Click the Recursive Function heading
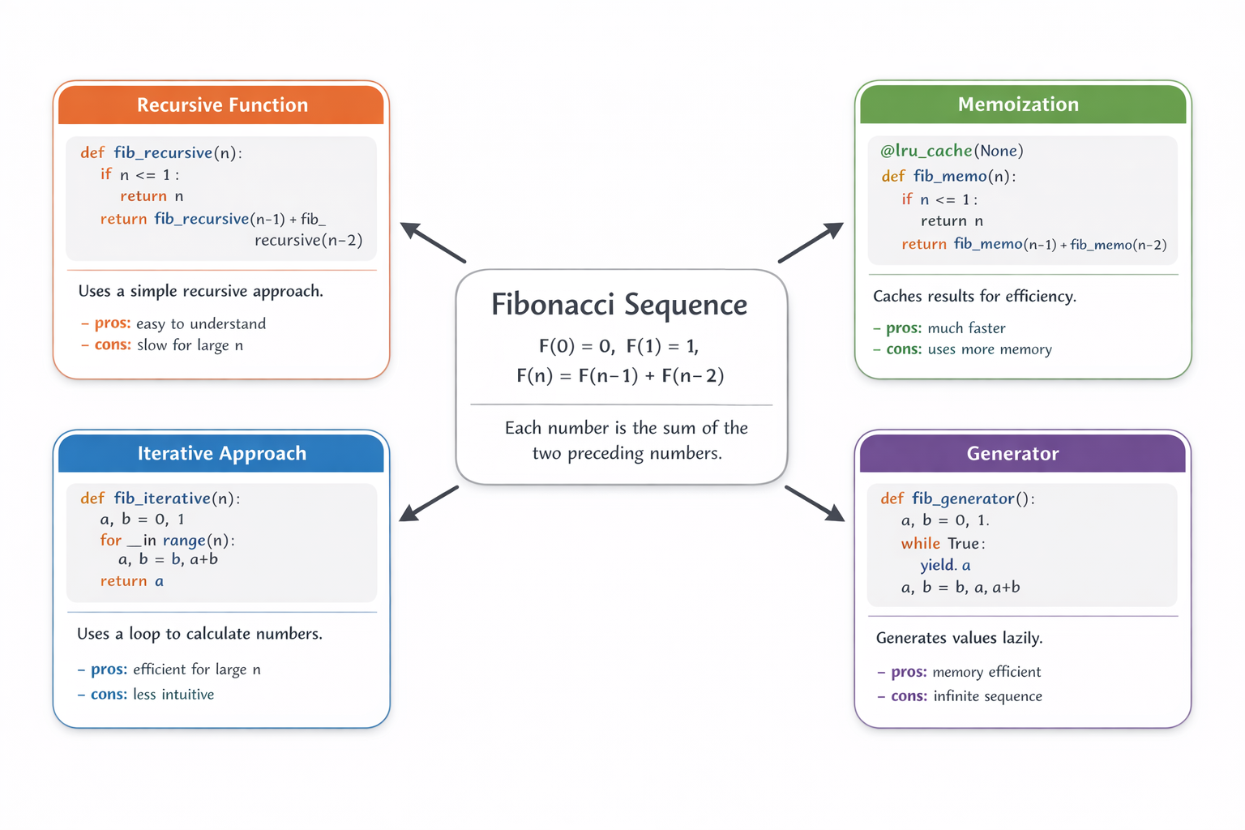click(222, 105)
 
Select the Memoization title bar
click(1023, 104)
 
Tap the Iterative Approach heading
click(222, 454)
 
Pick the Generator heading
click(1012, 454)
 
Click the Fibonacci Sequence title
click(619, 305)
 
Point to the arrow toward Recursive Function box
click(433, 242)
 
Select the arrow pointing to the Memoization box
click(811, 242)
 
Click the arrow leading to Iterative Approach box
click(429, 503)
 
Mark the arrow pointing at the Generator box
click(815, 503)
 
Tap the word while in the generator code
click(921, 543)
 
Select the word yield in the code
click(936, 566)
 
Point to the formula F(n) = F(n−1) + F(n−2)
click(620, 376)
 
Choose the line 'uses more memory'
click(990, 349)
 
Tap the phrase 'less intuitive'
click(173, 695)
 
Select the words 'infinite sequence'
click(988, 696)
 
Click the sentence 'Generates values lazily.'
click(960, 638)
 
